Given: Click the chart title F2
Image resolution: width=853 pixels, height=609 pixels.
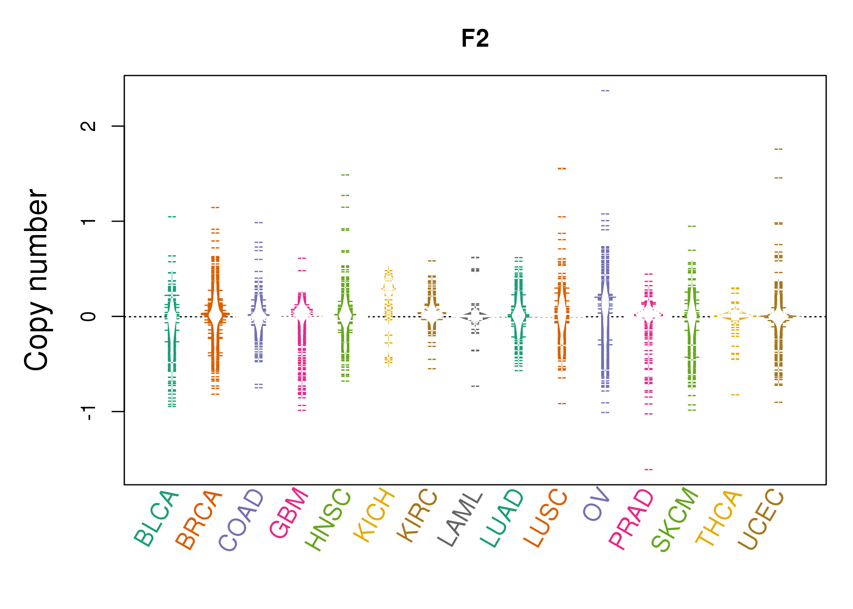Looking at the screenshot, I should [475, 39].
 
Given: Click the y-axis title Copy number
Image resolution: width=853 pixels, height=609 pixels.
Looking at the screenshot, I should [37, 280].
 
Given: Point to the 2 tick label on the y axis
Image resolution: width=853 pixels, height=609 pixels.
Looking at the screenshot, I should [89, 126].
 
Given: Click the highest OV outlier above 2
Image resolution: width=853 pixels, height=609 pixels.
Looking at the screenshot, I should [605, 91].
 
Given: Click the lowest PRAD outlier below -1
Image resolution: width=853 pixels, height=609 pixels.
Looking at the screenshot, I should [649, 470].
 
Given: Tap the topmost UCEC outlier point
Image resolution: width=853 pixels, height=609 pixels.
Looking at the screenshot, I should [778, 149].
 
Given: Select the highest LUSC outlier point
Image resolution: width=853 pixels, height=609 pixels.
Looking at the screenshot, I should [562, 168].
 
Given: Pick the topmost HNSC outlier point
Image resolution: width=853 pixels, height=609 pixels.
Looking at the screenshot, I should [345, 175].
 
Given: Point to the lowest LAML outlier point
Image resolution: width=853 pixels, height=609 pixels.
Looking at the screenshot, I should [475, 386].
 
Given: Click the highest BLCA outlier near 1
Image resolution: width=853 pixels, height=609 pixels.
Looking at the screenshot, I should [172, 217].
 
